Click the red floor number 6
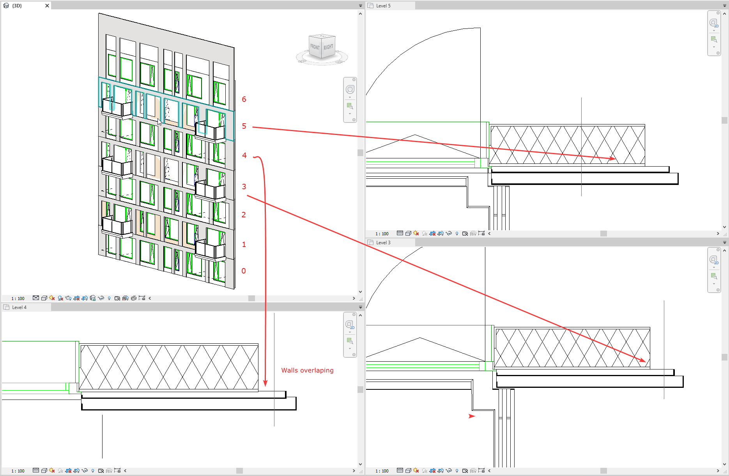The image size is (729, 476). [x=244, y=99]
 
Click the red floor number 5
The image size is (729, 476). [x=244, y=126]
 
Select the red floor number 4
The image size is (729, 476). [x=244, y=155]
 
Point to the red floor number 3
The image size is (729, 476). [x=244, y=186]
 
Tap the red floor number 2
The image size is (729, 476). [x=244, y=215]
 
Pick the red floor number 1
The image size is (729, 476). [x=244, y=244]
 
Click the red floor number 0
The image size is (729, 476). [x=244, y=271]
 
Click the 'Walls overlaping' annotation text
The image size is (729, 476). [x=307, y=370]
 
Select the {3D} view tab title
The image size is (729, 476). [x=17, y=6]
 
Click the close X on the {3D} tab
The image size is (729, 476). [x=47, y=6]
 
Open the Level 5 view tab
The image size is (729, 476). [x=383, y=6]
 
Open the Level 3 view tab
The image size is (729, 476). [x=383, y=243]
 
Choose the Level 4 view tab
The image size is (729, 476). [x=19, y=307]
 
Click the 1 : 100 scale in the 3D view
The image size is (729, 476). [x=18, y=298]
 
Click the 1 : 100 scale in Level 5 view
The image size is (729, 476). [x=382, y=234]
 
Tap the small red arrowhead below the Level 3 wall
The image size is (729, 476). [x=472, y=416]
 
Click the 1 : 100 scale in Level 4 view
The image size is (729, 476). [x=18, y=471]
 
